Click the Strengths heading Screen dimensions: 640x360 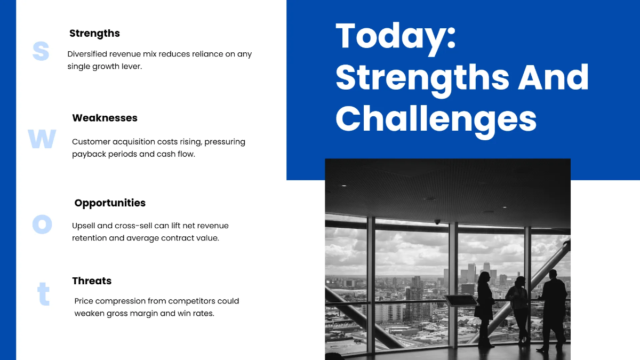pos(94,34)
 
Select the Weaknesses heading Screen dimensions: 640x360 pos(105,118)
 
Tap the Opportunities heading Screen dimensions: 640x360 pos(110,203)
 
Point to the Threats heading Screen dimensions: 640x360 pos(92,281)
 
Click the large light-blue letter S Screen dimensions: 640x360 pos(41,51)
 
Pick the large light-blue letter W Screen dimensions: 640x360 pos(42,139)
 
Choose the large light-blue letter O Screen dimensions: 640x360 pos(42,225)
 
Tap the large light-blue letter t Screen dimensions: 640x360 pos(43,294)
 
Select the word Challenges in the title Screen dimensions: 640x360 pos(436,119)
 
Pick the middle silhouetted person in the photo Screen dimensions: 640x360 pos(519,309)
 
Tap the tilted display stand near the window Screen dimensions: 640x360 pos(461,301)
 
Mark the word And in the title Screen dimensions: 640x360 pos(553,78)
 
